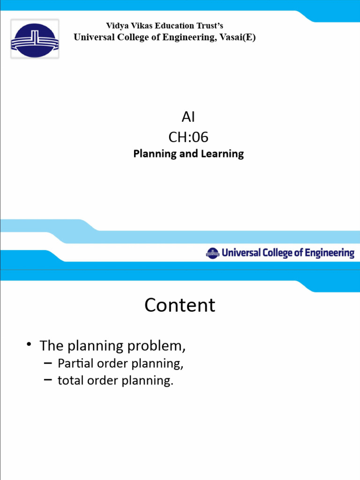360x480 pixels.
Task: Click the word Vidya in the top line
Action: (116, 26)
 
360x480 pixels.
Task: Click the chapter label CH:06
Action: (188, 137)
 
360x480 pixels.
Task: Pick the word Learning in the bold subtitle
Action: (222, 154)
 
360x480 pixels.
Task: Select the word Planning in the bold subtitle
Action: (155, 154)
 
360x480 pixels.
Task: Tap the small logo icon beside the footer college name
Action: (212, 253)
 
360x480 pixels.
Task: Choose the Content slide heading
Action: (180, 305)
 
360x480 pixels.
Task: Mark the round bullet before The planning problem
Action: (29, 345)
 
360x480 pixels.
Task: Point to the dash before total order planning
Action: (48, 380)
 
